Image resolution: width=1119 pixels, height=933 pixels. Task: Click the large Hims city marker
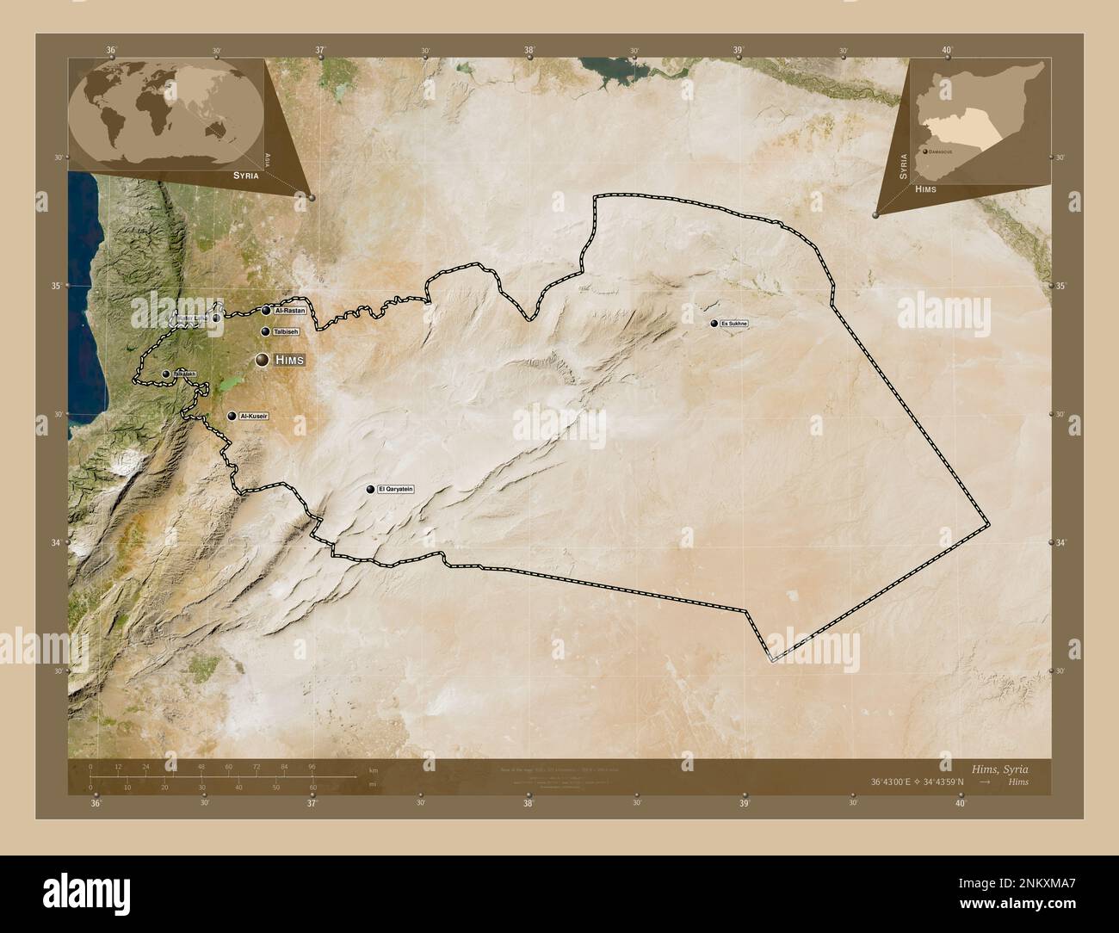(x=261, y=361)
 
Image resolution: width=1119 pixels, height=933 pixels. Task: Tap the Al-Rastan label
(x=289, y=311)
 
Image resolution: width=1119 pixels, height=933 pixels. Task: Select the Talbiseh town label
(x=286, y=331)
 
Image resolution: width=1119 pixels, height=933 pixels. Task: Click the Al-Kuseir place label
(x=255, y=417)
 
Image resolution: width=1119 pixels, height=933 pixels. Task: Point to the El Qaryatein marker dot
(x=371, y=490)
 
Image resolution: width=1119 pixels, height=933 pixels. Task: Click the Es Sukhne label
(x=735, y=324)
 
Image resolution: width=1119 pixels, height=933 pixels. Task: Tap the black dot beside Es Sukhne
(x=714, y=324)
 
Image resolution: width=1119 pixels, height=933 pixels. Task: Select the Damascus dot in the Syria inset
(x=924, y=151)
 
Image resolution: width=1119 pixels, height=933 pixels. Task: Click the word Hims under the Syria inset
(x=927, y=188)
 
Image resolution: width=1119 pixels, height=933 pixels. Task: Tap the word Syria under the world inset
(x=245, y=175)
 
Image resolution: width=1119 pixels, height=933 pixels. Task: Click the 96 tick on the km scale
(x=312, y=766)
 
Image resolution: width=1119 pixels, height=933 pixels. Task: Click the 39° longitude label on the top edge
(x=739, y=50)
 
